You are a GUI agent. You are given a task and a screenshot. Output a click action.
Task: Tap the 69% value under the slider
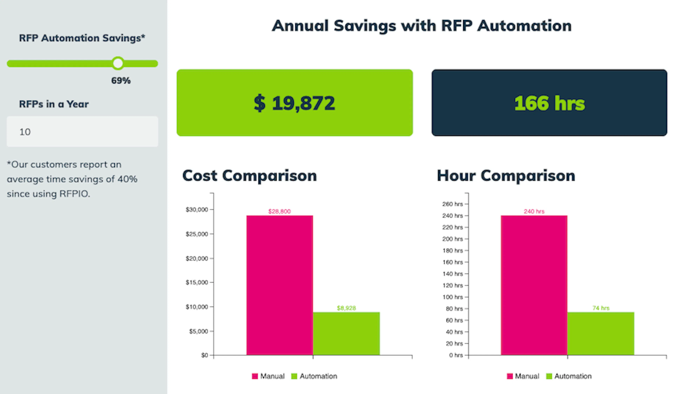(x=121, y=81)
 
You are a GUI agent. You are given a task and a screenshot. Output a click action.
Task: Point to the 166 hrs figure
(x=549, y=103)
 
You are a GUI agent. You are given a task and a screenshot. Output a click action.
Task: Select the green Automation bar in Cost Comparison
(x=346, y=333)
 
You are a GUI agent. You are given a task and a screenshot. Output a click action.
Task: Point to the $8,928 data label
(x=346, y=308)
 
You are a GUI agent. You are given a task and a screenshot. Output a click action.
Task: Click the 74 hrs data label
(x=601, y=308)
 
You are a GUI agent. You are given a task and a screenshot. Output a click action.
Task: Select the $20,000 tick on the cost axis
(x=197, y=259)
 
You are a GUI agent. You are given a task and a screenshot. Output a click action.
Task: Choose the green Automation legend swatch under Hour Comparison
(x=549, y=376)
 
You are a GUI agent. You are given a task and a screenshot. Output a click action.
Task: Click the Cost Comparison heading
(x=249, y=176)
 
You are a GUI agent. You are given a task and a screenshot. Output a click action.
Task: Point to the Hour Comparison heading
(x=506, y=176)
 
